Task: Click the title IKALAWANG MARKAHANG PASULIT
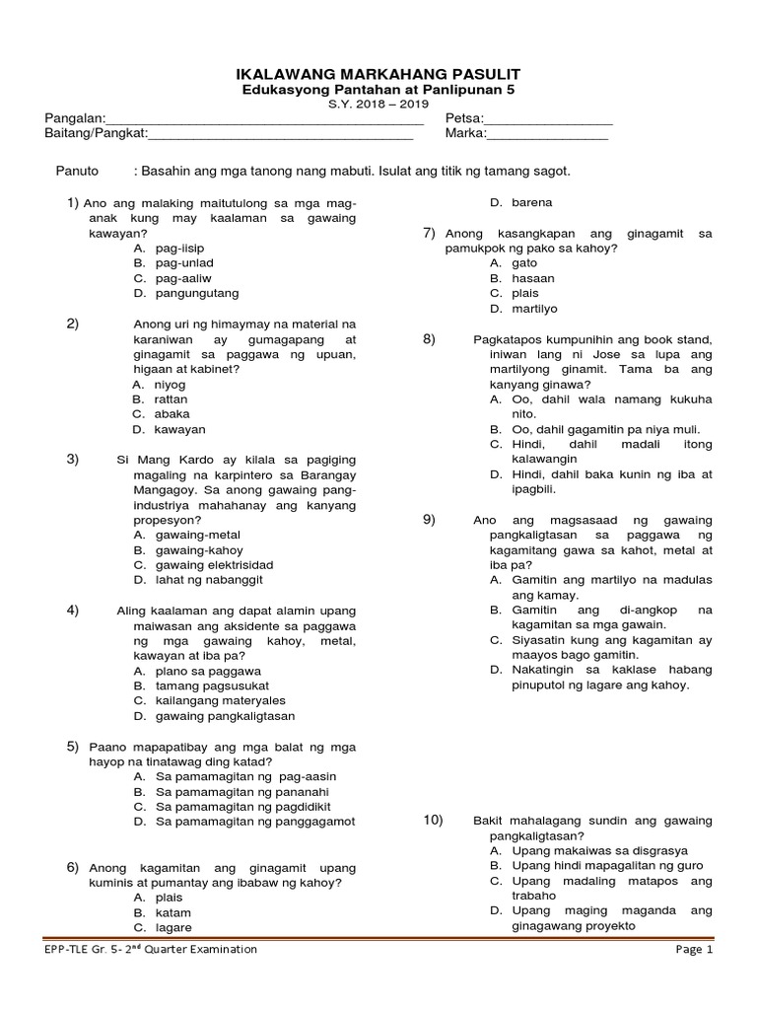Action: [x=378, y=74]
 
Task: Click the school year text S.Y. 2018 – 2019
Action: [x=378, y=106]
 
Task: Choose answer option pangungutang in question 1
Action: [x=196, y=293]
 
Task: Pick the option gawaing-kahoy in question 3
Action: [x=198, y=549]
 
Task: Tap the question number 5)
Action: [x=73, y=747]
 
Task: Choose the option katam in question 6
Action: [x=173, y=912]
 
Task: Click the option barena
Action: [x=531, y=202]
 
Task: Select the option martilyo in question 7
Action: [x=534, y=309]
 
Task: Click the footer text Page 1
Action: [x=693, y=949]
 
